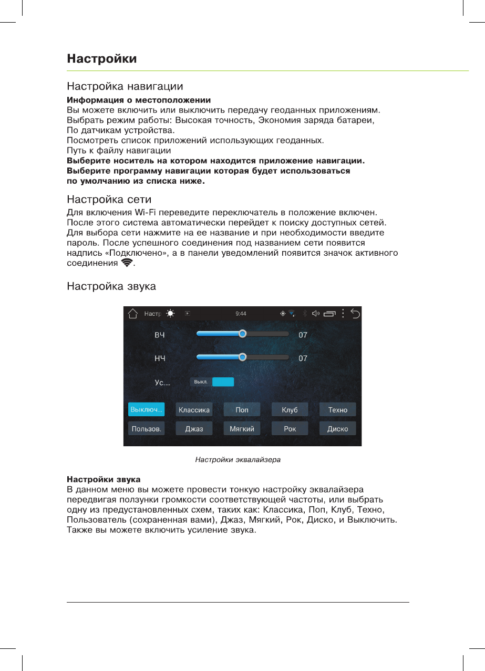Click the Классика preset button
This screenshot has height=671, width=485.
(x=194, y=409)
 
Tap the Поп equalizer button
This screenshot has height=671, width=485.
(x=242, y=409)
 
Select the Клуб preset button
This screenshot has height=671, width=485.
(x=290, y=409)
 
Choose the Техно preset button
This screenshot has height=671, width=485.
(x=337, y=409)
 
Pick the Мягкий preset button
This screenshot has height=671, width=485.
(x=242, y=428)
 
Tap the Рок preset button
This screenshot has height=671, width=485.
(x=290, y=428)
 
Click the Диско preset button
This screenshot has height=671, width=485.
(x=337, y=428)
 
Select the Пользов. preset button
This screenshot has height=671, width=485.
(x=146, y=428)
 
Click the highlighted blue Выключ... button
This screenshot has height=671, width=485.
(x=146, y=409)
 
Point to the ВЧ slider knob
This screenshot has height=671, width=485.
(x=242, y=334)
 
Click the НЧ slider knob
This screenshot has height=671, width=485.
(x=242, y=357)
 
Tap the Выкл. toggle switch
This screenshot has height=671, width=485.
(x=212, y=382)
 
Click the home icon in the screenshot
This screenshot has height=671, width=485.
(x=132, y=314)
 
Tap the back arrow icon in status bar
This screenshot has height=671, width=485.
(x=355, y=314)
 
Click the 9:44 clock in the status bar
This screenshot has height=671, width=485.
(x=241, y=314)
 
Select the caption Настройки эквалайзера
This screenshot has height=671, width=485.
(x=238, y=459)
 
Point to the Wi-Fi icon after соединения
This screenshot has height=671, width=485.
(x=127, y=263)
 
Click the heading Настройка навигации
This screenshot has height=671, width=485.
(x=125, y=85)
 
